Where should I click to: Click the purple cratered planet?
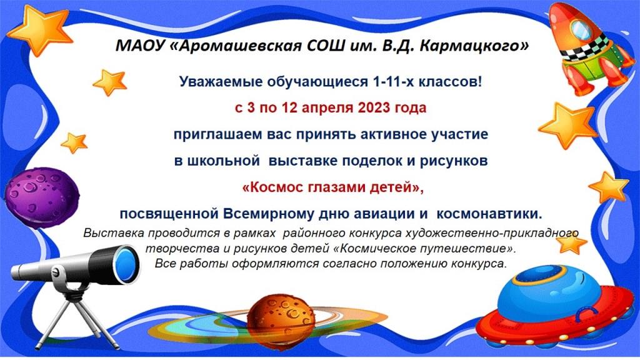coord(42,192)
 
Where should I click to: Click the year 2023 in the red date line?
coord(374,107)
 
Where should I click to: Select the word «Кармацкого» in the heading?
coord(474,46)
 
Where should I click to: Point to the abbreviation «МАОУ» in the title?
coord(139,46)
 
